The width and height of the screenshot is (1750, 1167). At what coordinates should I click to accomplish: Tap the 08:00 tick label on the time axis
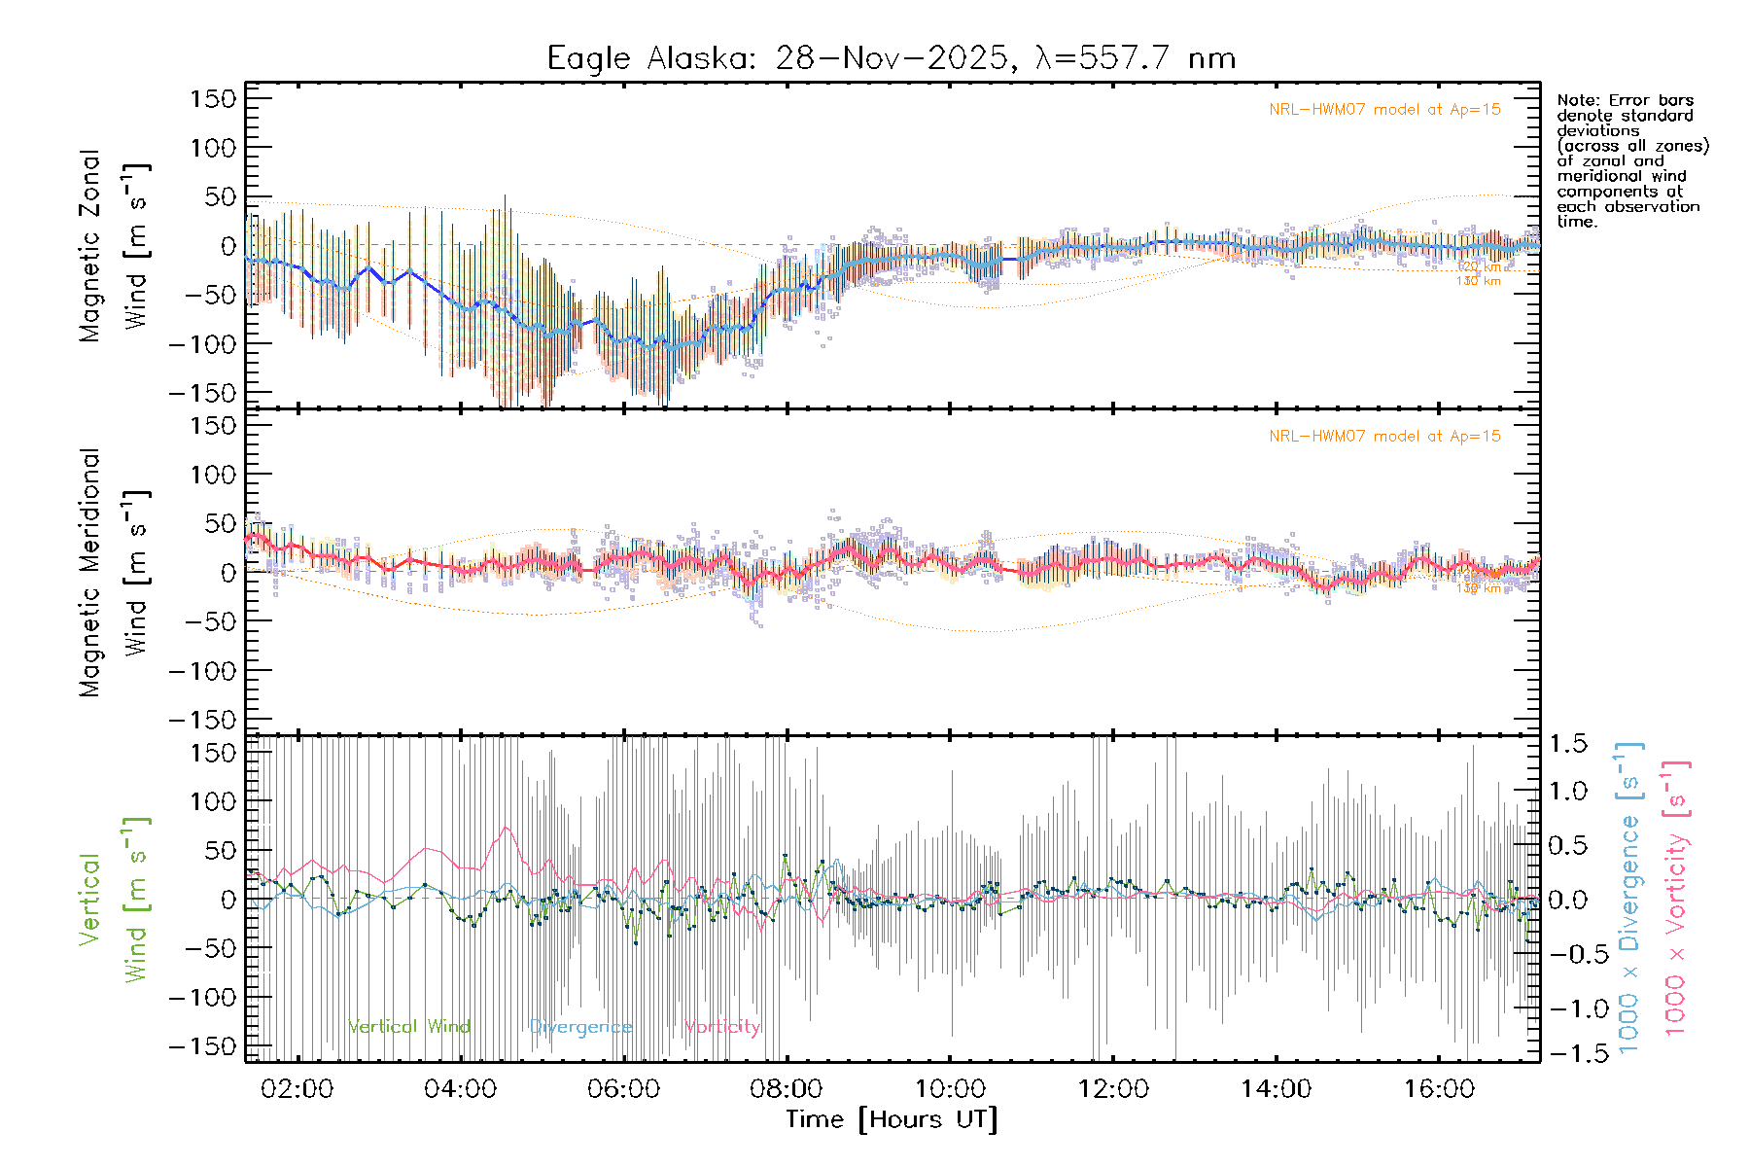pyautogui.click(x=787, y=1089)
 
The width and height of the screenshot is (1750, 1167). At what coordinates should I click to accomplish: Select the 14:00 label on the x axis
pyautogui.click(x=1276, y=1089)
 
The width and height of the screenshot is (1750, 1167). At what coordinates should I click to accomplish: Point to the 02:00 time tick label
pyautogui.click(x=297, y=1089)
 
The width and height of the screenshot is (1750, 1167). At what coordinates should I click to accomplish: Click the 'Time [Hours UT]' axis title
pyautogui.click(x=892, y=1119)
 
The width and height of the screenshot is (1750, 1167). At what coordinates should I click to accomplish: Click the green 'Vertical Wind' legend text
pyautogui.click(x=409, y=1027)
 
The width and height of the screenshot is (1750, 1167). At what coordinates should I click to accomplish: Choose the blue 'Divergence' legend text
pyautogui.click(x=580, y=1027)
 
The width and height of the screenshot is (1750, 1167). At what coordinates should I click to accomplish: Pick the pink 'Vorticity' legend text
pyautogui.click(x=721, y=1027)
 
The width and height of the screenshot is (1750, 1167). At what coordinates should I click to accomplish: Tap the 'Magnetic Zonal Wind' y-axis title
pyautogui.click(x=115, y=246)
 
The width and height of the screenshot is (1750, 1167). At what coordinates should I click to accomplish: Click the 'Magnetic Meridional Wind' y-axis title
pyautogui.click(x=115, y=573)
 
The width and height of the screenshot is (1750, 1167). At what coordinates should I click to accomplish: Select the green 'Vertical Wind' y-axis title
pyautogui.click(x=115, y=900)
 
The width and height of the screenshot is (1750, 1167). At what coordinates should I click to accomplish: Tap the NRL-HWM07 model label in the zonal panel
pyautogui.click(x=1384, y=110)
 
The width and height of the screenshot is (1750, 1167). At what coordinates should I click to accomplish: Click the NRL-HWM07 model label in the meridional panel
pyautogui.click(x=1384, y=437)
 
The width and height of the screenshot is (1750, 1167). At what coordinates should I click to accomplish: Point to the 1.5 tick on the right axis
pyautogui.click(x=1568, y=744)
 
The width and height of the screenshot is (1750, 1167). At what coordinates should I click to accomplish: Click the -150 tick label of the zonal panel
pyautogui.click(x=202, y=393)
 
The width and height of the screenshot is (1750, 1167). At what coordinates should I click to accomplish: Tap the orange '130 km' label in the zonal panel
pyautogui.click(x=1478, y=281)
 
